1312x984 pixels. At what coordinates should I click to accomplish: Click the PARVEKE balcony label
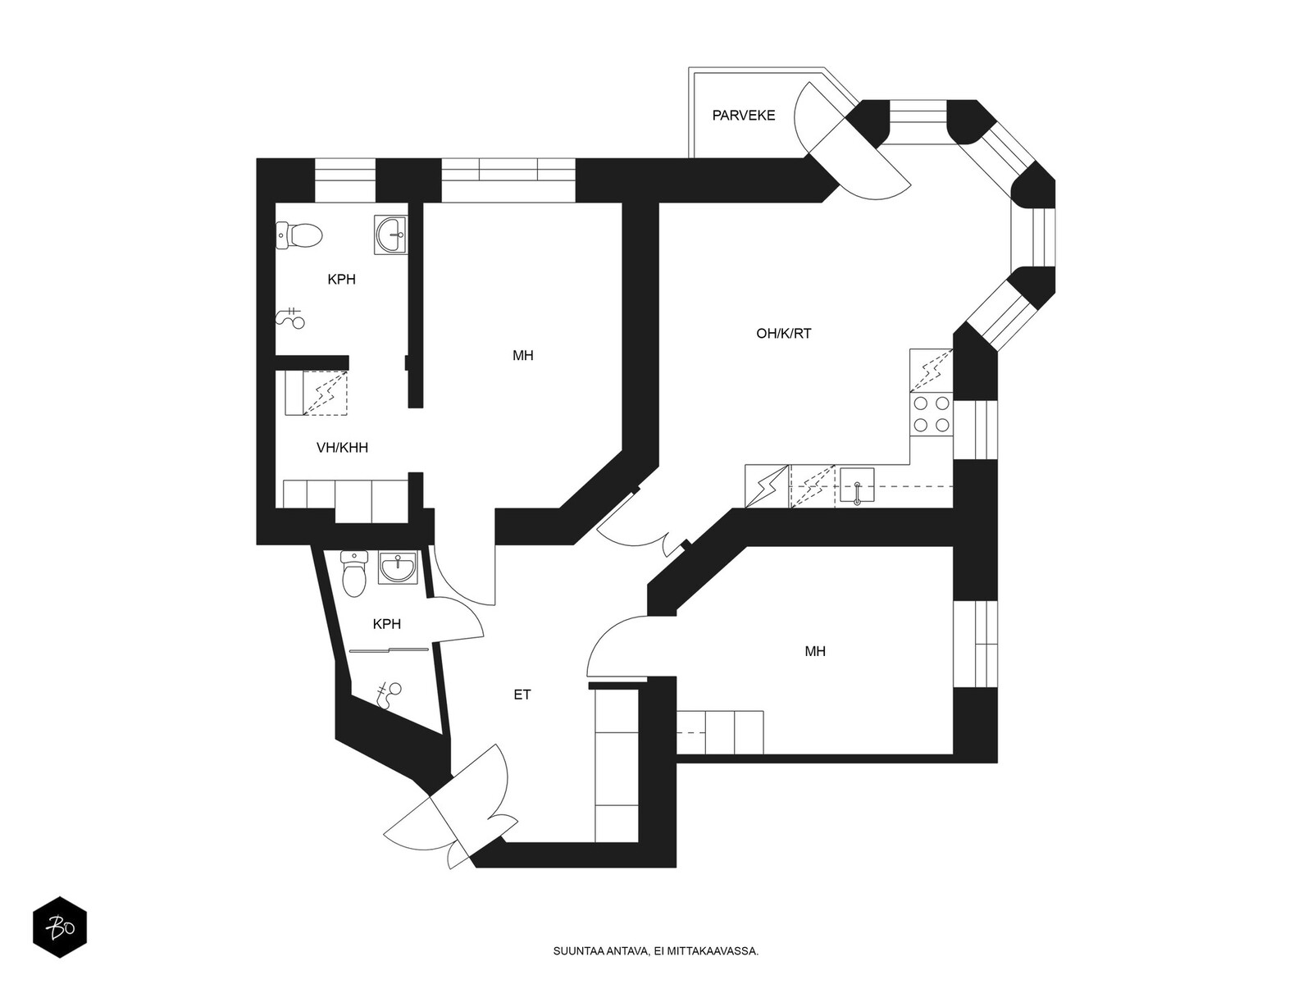point(743,116)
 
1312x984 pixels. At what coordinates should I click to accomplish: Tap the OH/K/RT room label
point(784,334)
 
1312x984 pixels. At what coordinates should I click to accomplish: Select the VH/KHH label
point(342,448)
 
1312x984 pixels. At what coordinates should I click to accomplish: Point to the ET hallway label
point(522,695)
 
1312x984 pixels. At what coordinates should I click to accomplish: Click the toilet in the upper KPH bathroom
point(298,235)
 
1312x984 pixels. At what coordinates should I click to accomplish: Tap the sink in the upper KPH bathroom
point(391,235)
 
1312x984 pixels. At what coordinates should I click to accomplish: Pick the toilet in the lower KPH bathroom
point(354,573)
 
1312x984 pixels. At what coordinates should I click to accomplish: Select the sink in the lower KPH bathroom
point(398,567)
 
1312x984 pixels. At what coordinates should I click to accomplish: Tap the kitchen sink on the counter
point(857,485)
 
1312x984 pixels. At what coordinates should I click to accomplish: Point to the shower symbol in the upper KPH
point(291,318)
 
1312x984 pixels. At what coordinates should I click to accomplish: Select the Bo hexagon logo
point(60,927)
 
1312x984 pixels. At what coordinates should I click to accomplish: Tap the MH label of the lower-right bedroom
point(815,651)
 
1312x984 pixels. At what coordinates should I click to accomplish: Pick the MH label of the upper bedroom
point(522,356)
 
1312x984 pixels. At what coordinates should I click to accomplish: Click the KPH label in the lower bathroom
point(386,624)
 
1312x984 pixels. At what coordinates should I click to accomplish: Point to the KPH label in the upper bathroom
point(341,279)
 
